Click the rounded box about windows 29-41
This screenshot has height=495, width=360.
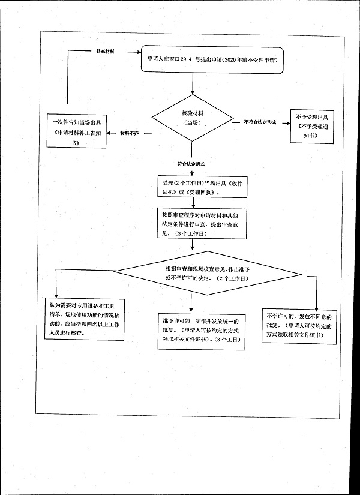point(211,61)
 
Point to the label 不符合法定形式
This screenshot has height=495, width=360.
point(260,122)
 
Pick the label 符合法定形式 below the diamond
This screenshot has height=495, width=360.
point(191,163)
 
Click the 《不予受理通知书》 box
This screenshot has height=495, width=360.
point(312,127)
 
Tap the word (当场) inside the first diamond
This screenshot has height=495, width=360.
point(191,122)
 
